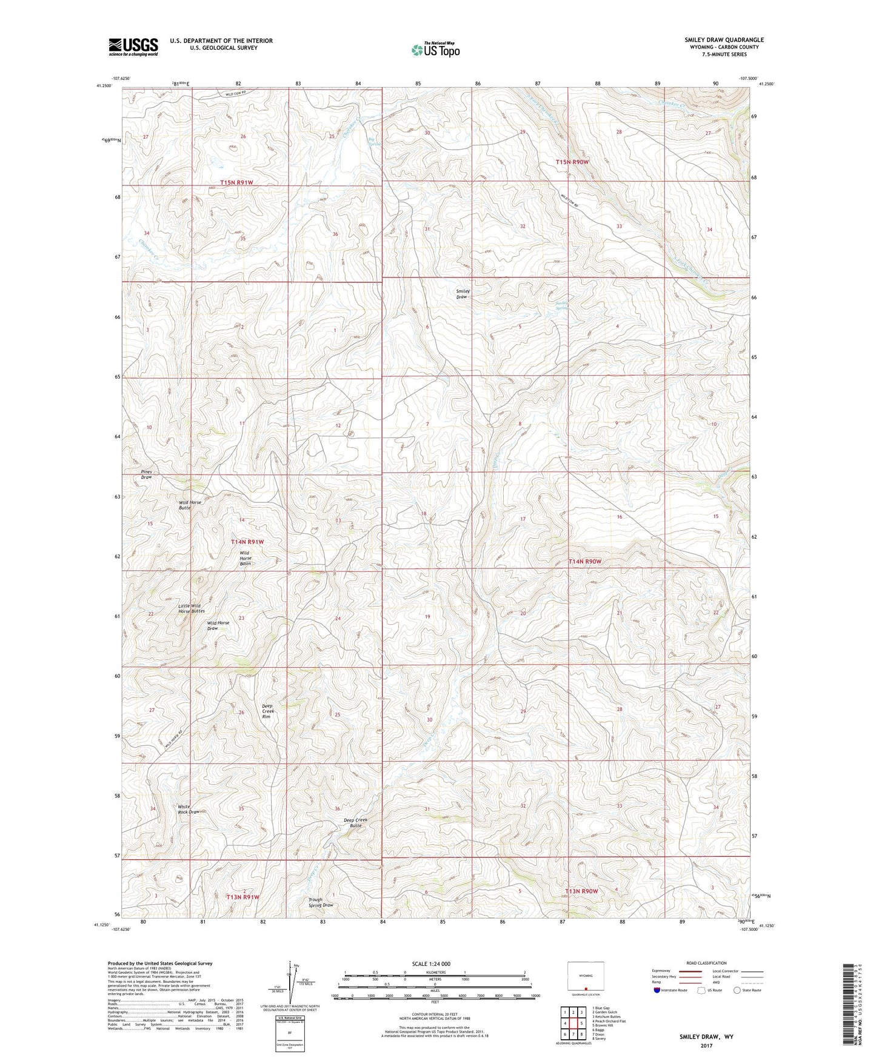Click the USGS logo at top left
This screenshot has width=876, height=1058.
(133, 47)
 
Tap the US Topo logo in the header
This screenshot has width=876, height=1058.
(435, 49)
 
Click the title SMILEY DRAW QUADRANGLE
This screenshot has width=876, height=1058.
(724, 40)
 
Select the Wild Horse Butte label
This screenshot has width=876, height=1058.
(189, 505)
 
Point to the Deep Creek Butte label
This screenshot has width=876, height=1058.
(355, 822)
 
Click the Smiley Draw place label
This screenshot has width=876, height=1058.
(463, 294)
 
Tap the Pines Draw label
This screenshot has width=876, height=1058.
(147, 474)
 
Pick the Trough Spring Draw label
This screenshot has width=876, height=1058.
(320, 902)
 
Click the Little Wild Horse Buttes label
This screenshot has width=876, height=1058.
(192, 608)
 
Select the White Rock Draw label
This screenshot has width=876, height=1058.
(189, 809)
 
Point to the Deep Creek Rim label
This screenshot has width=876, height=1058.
(267, 711)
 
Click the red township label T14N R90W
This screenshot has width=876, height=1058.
(585, 562)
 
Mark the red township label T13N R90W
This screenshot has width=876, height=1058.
(581, 891)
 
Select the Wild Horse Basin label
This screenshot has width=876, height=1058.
(245, 558)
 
